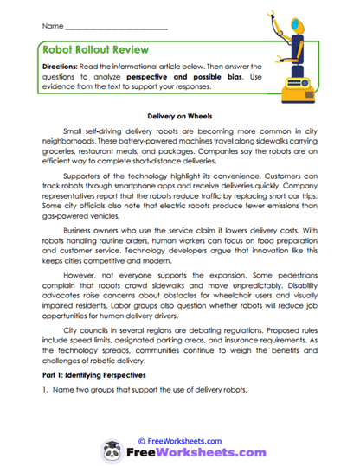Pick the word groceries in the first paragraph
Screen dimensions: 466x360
tap(58, 149)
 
